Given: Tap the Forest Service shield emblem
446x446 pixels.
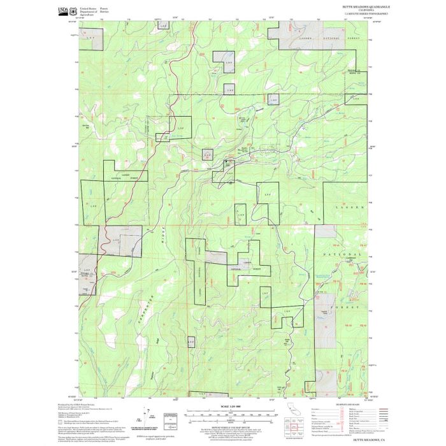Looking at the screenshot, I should coord(72,10).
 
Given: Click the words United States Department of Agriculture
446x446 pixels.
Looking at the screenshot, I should coord(87,10).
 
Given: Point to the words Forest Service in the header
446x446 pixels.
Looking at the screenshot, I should coord(104,9).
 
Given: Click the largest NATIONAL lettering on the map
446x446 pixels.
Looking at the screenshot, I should coord(344,254).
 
